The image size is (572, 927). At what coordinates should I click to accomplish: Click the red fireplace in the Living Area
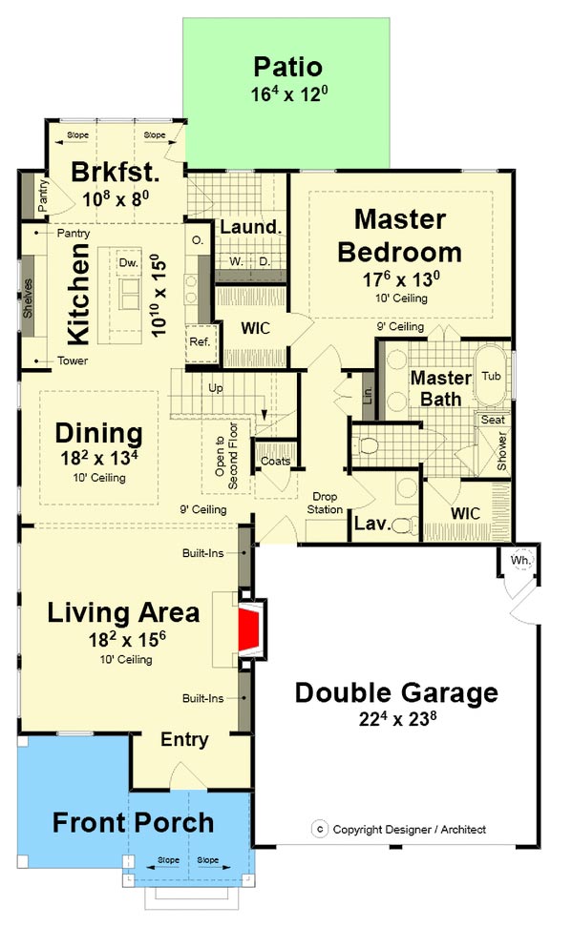click(249, 629)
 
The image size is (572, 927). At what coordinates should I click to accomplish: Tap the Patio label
click(287, 67)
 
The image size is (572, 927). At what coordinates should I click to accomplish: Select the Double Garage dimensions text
click(398, 718)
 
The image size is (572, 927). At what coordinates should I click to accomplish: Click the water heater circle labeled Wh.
click(521, 559)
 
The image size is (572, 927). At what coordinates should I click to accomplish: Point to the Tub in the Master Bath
click(491, 376)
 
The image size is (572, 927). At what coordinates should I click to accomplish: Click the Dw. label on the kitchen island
click(129, 262)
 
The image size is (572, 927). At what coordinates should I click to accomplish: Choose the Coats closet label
click(275, 462)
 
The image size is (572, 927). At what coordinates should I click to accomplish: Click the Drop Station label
click(325, 503)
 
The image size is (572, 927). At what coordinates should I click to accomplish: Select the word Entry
click(184, 739)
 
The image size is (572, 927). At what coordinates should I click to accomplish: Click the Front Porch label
click(134, 822)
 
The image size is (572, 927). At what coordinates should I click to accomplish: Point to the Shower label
click(502, 450)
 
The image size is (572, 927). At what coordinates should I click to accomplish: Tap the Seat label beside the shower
click(493, 420)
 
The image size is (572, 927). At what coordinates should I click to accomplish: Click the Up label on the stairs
click(216, 388)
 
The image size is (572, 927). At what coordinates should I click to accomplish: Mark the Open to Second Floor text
click(226, 456)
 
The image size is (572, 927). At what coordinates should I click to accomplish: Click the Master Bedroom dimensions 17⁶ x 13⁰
click(401, 278)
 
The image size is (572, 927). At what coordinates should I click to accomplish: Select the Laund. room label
click(250, 226)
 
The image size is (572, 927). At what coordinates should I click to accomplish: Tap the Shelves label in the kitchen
click(28, 298)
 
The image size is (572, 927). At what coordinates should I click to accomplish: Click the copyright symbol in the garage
click(320, 829)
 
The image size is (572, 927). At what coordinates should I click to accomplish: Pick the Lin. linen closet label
click(367, 394)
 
